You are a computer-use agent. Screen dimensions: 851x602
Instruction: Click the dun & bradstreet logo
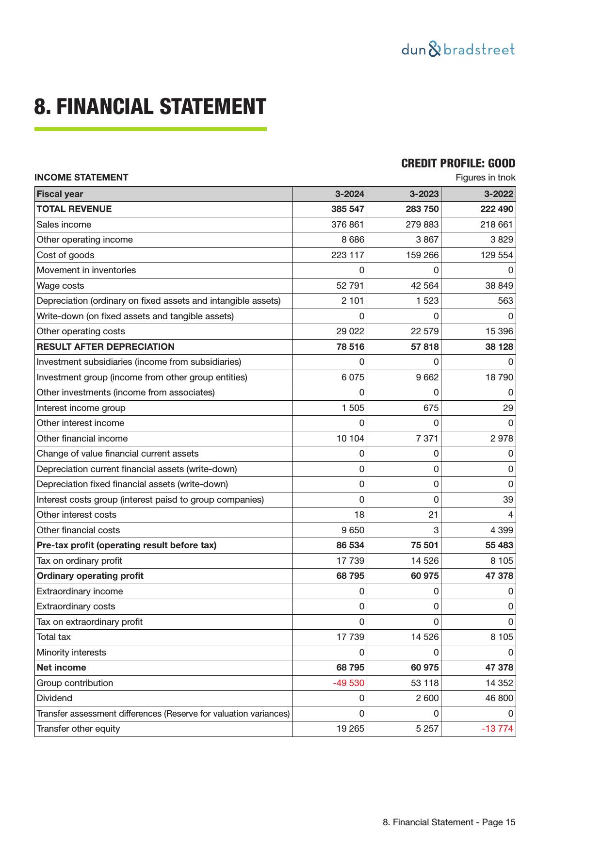click(458, 49)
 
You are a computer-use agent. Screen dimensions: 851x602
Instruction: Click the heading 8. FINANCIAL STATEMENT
click(150, 107)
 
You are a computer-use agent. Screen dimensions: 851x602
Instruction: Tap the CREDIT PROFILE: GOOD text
click(458, 164)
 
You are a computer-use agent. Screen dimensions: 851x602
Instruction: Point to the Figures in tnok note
click(485, 178)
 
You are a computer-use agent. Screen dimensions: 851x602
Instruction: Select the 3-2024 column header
click(349, 194)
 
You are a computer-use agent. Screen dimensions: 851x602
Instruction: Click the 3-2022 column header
click(498, 194)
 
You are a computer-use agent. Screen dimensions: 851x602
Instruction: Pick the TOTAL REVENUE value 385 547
click(347, 209)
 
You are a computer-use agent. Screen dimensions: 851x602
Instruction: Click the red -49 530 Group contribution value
click(348, 683)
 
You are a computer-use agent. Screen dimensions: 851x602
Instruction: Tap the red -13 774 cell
click(497, 729)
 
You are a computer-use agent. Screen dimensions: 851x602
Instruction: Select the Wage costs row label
click(60, 286)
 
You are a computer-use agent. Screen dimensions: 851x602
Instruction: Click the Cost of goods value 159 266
click(422, 255)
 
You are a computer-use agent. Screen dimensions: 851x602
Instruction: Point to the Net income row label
click(61, 668)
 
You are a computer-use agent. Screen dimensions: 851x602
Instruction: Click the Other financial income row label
click(82, 439)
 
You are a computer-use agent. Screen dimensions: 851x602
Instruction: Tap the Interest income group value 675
click(430, 408)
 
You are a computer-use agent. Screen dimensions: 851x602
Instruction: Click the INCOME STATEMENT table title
click(81, 178)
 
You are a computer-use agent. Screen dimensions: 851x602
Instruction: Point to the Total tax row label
click(53, 637)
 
